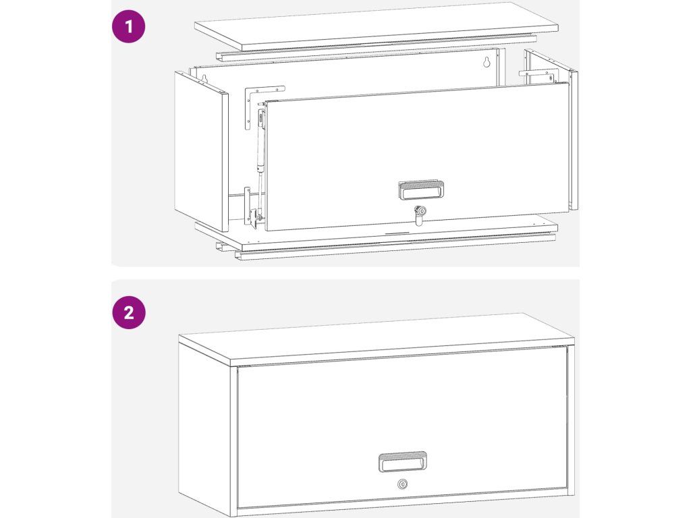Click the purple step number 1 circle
(128, 26)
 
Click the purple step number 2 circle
(128, 312)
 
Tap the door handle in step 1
(421, 190)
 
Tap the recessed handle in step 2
(403, 461)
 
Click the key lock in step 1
(420, 214)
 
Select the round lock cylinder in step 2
(402, 484)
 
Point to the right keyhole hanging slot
(487, 63)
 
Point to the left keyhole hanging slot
(204, 79)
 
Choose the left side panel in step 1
(201, 151)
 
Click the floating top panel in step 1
(377, 24)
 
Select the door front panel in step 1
(418, 156)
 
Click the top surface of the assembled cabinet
(376, 339)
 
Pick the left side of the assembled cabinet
(204, 422)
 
